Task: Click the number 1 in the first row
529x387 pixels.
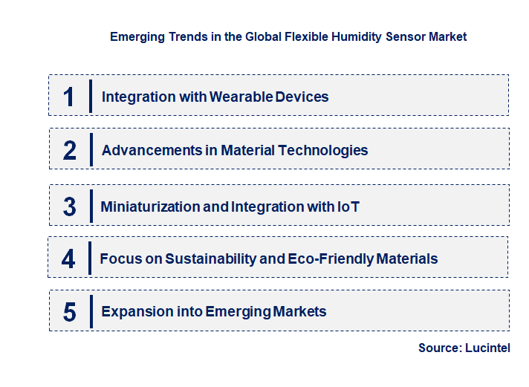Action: click(69, 97)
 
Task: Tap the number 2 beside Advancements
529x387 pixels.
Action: click(70, 150)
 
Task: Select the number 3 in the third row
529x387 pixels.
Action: click(69, 206)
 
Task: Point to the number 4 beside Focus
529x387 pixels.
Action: click(68, 258)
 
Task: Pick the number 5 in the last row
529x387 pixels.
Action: click(69, 311)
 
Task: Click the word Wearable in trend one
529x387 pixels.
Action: click(237, 97)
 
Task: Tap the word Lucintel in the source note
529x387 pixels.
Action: click(487, 348)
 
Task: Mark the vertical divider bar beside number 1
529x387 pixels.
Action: click(90, 95)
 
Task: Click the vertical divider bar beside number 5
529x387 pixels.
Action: click(90, 311)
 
